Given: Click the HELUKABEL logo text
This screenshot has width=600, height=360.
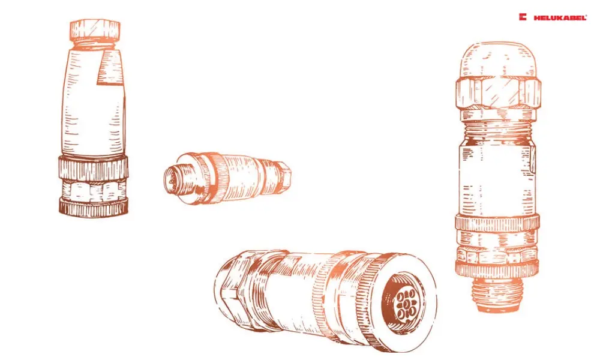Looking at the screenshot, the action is click(x=560, y=17).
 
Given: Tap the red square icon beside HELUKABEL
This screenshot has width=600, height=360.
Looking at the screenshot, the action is click(x=523, y=17).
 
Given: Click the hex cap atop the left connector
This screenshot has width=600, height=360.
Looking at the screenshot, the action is click(x=95, y=30).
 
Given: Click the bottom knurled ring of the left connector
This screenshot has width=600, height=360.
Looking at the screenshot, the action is click(x=94, y=207).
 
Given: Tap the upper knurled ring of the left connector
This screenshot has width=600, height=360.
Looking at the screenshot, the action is click(x=94, y=167).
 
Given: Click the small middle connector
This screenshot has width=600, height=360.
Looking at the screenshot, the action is click(x=227, y=177).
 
